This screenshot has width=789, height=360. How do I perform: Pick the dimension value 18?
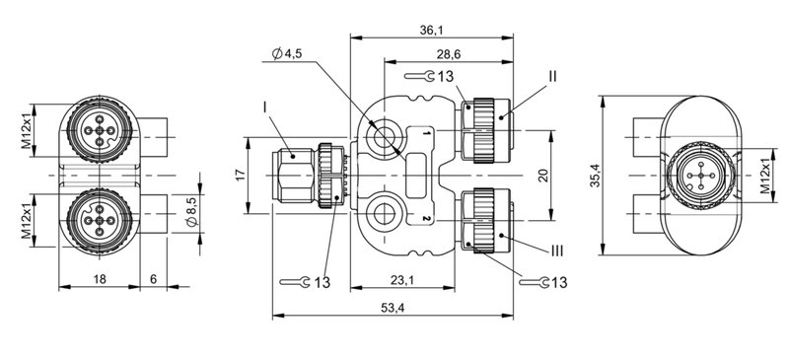pos(99,280)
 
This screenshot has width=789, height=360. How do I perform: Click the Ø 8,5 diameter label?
pos(192,215)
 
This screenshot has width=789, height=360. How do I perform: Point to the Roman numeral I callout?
pos(265,104)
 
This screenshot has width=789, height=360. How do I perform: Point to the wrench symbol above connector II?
pos(425,76)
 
